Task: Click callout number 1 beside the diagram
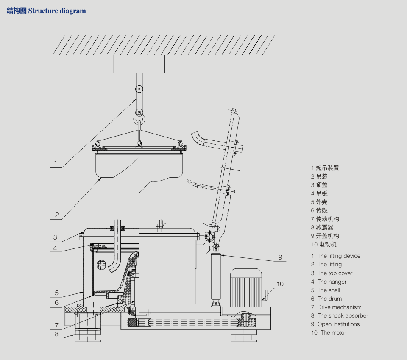coord(56,162)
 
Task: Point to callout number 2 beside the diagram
coord(57,215)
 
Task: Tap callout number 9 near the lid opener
coord(280,257)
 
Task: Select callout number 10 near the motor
coord(280,284)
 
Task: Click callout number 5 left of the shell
coord(56,293)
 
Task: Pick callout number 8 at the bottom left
coord(56,334)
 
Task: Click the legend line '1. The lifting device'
coord(335,256)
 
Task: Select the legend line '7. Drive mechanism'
coord(336,307)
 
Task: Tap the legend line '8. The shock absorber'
coord(339,316)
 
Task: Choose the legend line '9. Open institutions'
coord(335,324)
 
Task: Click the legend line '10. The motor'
coord(329,333)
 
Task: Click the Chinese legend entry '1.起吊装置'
coord(325,168)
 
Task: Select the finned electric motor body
coord(247,286)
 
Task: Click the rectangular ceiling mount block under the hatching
coord(139,64)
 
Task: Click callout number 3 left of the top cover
coord(55,237)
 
